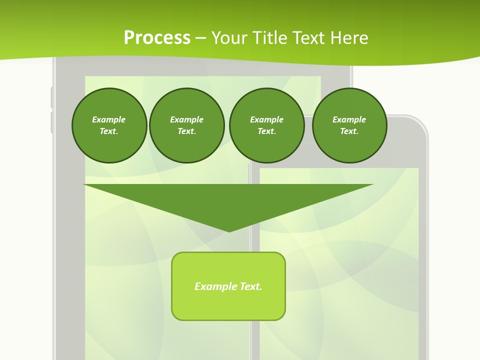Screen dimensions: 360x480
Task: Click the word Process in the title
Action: [x=157, y=38]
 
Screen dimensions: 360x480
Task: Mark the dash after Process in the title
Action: [x=200, y=38]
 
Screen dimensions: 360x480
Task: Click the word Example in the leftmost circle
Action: [x=109, y=119]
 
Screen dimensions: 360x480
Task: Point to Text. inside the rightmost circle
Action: [x=349, y=131]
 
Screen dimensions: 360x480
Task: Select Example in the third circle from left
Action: [x=266, y=119]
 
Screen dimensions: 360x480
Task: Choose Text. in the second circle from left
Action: [x=186, y=131]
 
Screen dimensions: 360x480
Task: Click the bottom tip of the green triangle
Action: [x=229, y=230]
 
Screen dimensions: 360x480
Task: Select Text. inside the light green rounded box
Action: [x=251, y=286]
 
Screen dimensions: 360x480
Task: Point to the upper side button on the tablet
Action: [x=51, y=97]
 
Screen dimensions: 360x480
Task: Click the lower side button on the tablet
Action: [x=51, y=122]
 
